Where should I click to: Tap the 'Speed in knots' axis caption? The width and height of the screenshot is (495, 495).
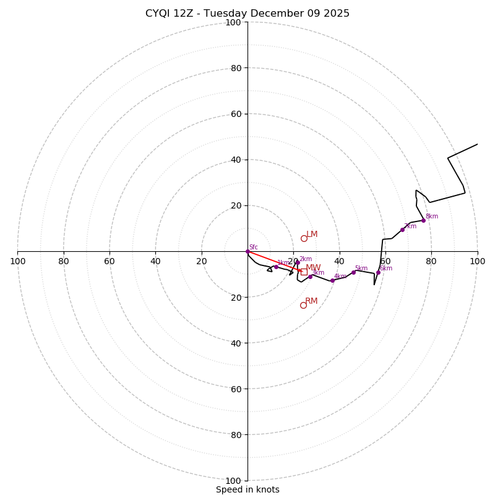(x=247, y=489)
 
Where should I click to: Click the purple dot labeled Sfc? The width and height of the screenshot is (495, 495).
(x=247, y=251)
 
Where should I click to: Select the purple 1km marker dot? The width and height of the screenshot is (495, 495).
(x=276, y=267)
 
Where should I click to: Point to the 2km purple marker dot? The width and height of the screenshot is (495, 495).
(x=298, y=262)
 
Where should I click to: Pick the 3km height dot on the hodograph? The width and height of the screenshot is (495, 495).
(x=311, y=277)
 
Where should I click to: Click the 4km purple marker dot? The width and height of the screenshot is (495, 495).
(x=332, y=280)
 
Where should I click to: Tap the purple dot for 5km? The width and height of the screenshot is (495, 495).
(x=354, y=272)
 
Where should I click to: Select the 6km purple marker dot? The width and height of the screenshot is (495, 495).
(x=378, y=272)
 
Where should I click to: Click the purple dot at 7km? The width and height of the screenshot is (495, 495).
(x=402, y=230)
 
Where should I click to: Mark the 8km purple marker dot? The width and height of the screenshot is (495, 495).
(x=424, y=220)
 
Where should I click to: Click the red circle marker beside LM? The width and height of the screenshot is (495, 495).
(x=304, y=238)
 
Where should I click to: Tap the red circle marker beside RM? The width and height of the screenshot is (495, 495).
(x=303, y=305)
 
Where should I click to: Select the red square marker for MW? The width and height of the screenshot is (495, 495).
(x=304, y=272)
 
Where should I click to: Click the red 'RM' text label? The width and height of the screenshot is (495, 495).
(x=311, y=301)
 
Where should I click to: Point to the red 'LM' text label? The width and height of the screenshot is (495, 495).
(x=312, y=235)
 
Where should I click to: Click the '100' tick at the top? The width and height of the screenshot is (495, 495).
(x=233, y=22)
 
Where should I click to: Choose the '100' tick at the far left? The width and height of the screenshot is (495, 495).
(x=17, y=261)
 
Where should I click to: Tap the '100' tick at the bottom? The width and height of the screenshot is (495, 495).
(x=233, y=481)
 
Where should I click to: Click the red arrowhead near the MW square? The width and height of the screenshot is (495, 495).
(x=299, y=270)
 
